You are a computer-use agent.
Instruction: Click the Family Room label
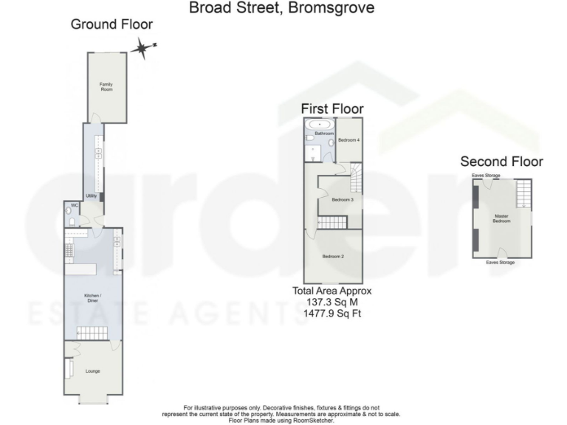click(107, 86)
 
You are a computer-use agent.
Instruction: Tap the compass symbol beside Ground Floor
click(141, 49)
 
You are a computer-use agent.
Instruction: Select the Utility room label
click(92, 196)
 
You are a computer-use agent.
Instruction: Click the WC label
click(75, 206)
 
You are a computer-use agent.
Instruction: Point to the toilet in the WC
click(70, 219)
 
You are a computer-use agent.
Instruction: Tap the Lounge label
click(92, 370)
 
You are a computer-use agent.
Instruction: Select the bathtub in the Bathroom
click(319, 124)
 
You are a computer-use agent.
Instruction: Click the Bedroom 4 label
click(348, 140)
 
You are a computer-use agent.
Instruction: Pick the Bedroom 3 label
click(342, 200)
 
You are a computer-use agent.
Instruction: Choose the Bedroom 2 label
click(334, 257)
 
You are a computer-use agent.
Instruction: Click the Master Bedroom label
click(502, 218)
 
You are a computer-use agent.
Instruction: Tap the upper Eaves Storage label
click(487, 176)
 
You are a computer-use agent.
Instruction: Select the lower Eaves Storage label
click(501, 262)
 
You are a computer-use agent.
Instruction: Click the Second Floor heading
click(501, 162)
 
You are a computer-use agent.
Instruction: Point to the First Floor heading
click(332, 109)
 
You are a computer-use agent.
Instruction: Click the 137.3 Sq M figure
click(332, 303)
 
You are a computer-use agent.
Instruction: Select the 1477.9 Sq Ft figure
click(332, 314)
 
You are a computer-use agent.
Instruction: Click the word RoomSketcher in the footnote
click(318, 420)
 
